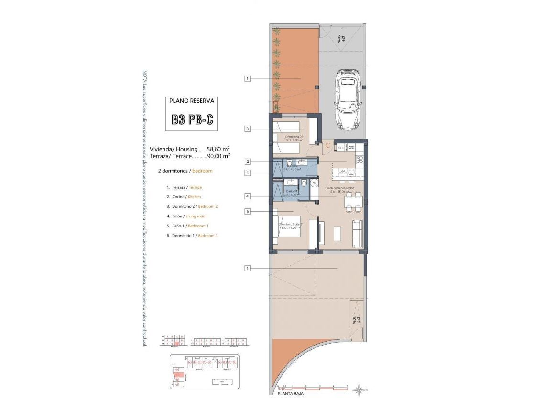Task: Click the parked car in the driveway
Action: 348,98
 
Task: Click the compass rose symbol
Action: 358,391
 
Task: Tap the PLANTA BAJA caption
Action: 290,394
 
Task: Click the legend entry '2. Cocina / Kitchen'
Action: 184,197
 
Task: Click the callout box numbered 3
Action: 247,128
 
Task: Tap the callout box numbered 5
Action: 247,173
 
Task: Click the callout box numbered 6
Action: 247,211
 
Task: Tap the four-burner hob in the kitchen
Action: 360,159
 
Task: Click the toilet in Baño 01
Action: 304,184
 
